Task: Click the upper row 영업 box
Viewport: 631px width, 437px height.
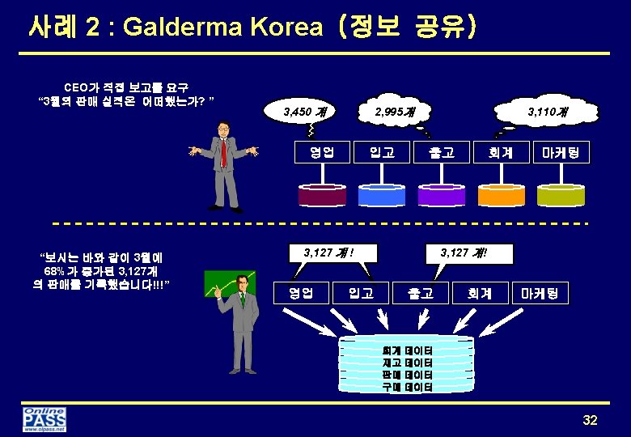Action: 322,151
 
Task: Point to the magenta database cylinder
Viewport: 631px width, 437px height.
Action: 322,195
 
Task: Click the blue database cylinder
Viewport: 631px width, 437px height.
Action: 382,195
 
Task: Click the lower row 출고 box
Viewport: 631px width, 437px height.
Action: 420,292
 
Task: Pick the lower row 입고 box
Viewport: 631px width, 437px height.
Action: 361,292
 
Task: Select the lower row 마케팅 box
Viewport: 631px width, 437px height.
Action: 540,292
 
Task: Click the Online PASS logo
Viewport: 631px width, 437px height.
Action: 44,419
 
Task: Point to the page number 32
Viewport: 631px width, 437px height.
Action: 590,420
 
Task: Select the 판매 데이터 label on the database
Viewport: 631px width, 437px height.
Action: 407,375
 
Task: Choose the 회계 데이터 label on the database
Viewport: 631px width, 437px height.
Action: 407,350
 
